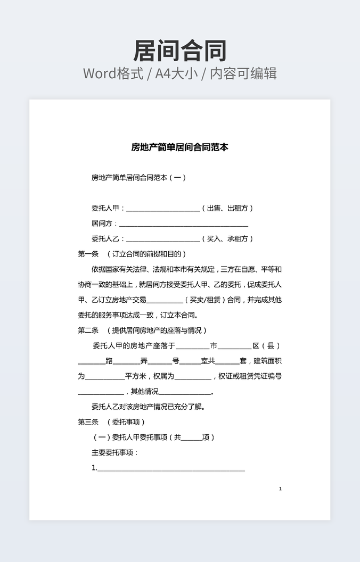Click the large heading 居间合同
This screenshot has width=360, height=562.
pyautogui.click(x=180, y=51)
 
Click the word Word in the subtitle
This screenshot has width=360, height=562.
pyautogui.click(x=102, y=73)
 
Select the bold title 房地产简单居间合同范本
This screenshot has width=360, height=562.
pyautogui.click(x=180, y=147)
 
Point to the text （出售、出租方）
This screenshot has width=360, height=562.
pyautogui.click(x=228, y=209)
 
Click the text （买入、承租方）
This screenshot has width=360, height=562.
pyautogui.click(x=228, y=239)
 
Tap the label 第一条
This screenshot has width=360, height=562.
pyautogui.click(x=88, y=254)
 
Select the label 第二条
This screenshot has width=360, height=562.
pyautogui.click(x=88, y=330)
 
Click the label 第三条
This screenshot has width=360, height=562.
pyautogui.click(x=88, y=422)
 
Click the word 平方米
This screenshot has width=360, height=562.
pyautogui.click(x=135, y=376)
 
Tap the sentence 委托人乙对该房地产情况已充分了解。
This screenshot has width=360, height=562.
pyautogui.click(x=148, y=407)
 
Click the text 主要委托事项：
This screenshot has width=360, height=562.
pyautogui.click(x=115, y=453)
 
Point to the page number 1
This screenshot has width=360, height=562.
pyautogui.click(x=280, y=489)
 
